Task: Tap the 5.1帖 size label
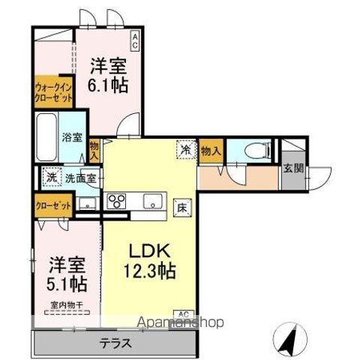[67, 283]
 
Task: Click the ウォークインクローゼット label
[52, 92]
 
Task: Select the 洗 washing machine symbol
[49, 178]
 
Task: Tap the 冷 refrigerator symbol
[183, 148]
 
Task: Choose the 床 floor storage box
[181, 205]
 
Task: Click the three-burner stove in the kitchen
[118, 201]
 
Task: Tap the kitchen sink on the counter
[151, 200]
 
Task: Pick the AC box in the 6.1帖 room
[135, 34]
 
